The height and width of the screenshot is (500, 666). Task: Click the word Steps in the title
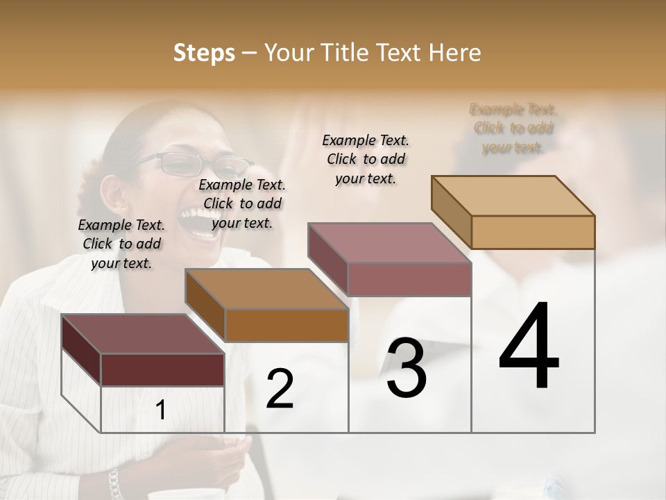203,53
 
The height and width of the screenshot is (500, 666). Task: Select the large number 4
529,347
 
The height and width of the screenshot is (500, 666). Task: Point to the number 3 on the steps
407,367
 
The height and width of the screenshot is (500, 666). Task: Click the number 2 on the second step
280,389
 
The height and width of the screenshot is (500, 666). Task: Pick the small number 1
161,410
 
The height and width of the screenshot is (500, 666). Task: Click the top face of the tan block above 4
513,196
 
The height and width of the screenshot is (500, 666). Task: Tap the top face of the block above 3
389,243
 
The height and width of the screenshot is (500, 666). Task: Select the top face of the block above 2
266,289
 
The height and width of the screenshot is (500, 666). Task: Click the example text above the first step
121,244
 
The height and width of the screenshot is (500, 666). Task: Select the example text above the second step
242,203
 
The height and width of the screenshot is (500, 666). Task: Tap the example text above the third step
366,159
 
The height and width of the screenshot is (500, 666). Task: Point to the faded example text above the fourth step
513,128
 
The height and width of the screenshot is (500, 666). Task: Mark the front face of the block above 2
287,325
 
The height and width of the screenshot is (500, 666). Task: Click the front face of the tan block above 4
533,232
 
